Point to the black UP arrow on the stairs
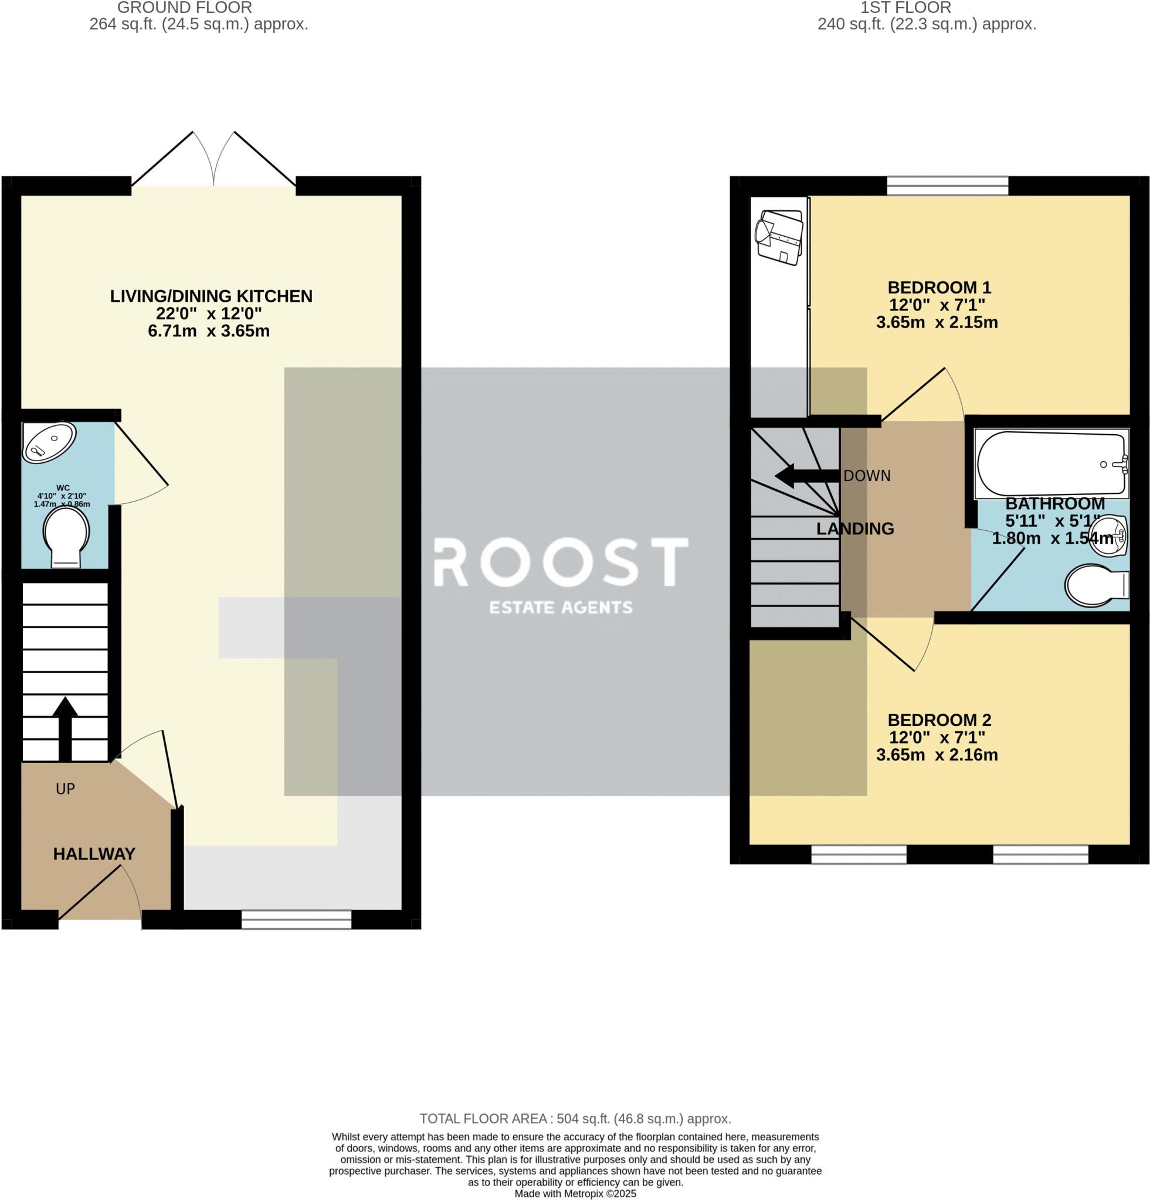pos(65,728)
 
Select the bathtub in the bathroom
pos(1050,463)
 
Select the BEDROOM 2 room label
pos(939,720)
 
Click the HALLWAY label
pos(94,854)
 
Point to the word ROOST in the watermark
pos(561,561)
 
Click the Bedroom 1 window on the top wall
pos(947,185)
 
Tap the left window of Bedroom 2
pos(859,854)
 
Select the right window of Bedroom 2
pos(1040,854)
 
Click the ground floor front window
pos(296,919)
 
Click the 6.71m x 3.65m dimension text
pos(208,331)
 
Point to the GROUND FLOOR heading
pos(184,8)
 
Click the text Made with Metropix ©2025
pos(575,1194)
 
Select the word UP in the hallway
pos(65,789)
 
